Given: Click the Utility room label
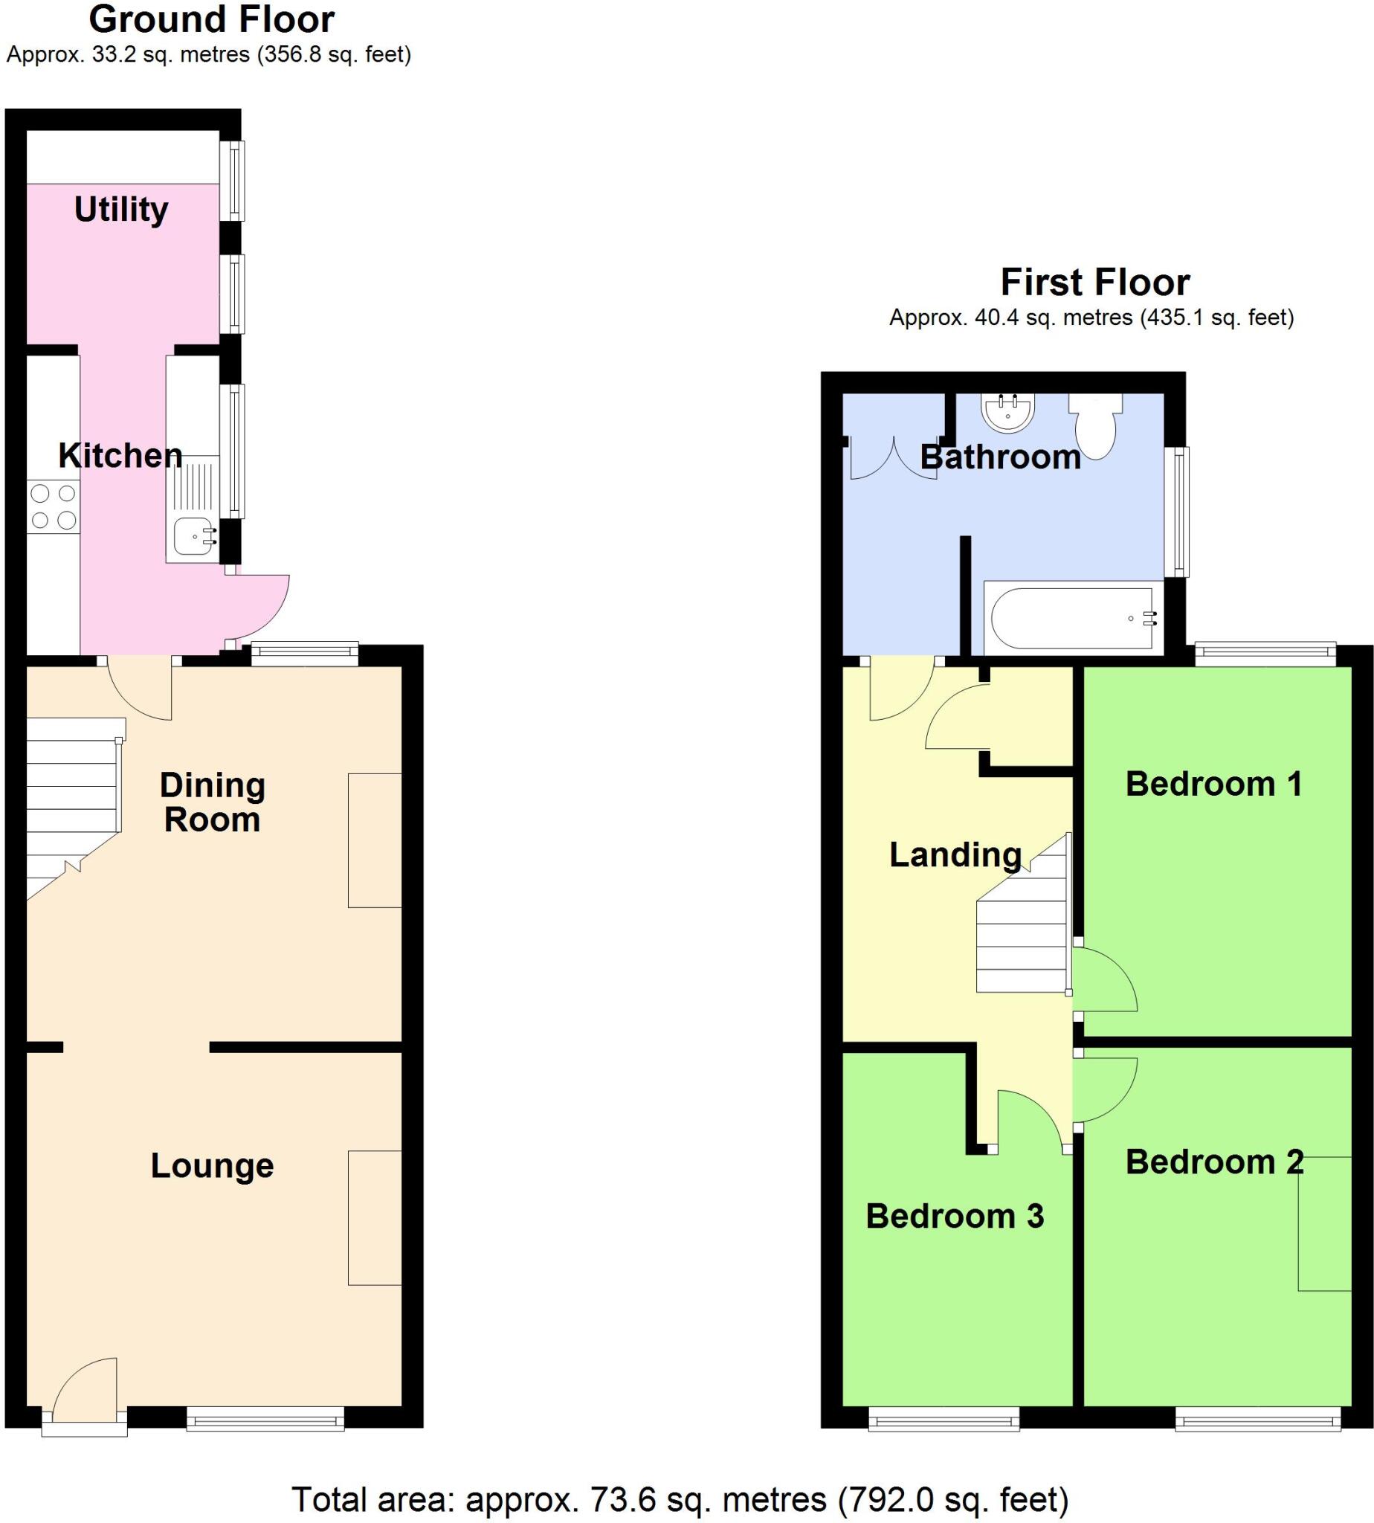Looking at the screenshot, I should tap(120, 209).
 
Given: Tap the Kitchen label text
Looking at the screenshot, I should tap(120, 455).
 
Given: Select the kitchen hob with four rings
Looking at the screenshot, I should tap(53, 506).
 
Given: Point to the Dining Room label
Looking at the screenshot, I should tap(212, 802).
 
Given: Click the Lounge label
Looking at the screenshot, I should tap(212, 1165).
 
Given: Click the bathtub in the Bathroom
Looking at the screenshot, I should tap(1072, 619).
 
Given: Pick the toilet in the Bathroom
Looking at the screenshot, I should tap(1095, 428).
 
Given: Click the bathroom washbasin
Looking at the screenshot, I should tap(1007, 412).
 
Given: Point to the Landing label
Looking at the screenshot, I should tap(955, 854).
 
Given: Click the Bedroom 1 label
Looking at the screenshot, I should tap(1214, 784).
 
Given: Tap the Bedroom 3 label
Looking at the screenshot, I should tap(954, 1216).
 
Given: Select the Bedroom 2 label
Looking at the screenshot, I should tap(1214, 1162).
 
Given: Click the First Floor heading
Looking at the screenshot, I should tap(1094, 283).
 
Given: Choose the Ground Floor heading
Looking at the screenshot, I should tap(211, 19).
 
